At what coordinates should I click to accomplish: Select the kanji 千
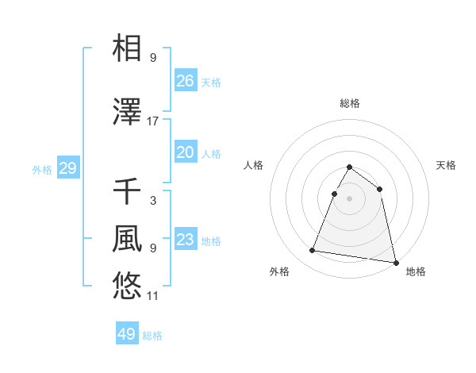click(127, 191)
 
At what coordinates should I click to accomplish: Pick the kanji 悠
click(127, 285)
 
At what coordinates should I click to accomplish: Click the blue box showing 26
click(185, 81)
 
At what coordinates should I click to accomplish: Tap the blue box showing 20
click(185, 152)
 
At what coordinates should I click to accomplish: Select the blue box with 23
click(185, 240)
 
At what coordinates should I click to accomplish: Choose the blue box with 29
click(67, 168)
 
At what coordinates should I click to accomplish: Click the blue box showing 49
click(127, 334)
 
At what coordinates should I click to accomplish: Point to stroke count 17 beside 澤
click(153, 121)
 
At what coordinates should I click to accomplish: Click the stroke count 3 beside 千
click(153, 200)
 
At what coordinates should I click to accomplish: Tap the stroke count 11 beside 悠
click(153, 296)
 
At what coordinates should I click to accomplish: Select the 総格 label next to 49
click(152, 336)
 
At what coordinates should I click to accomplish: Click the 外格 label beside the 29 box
click(42, 169)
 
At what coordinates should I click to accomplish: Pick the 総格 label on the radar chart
click(349, 103)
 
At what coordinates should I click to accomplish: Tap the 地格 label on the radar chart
click(416, 271)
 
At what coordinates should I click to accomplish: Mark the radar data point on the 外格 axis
click(313, 251)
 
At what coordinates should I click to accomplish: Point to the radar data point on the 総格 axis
click(349, 167)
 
